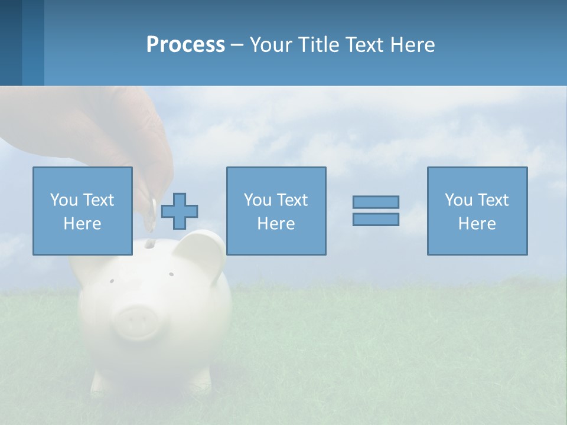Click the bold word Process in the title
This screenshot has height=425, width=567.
185,45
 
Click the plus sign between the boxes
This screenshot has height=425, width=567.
180,211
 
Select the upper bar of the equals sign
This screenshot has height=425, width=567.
376,202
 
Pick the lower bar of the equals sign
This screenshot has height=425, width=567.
376,219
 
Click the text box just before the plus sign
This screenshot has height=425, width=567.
83,211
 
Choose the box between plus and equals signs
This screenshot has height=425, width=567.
276,211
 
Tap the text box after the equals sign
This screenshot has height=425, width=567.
477,211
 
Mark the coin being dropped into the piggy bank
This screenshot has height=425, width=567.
151,215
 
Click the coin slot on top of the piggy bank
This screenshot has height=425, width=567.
150,243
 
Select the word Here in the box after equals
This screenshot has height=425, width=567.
477,224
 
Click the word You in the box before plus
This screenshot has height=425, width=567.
64,200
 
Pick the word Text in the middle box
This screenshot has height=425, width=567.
292,200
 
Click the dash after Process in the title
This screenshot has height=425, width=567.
237,45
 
